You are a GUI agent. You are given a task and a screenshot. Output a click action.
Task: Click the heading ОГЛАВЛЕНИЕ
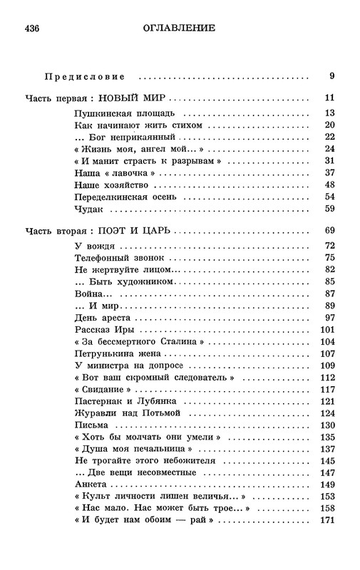180,28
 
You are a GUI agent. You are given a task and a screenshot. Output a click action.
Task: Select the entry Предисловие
84,76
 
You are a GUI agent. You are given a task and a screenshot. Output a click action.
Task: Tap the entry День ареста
101,316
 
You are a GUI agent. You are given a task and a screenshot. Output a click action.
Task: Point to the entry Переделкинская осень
126,196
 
